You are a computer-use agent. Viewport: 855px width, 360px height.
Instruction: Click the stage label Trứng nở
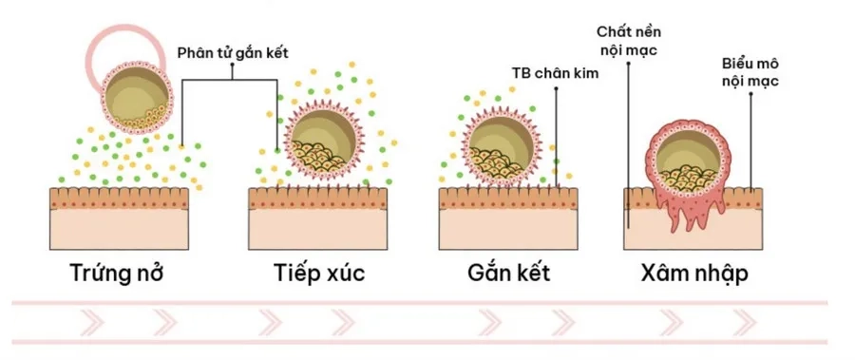click(x=118, y=274)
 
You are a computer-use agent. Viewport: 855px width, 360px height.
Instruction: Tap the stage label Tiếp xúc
click(x=313, y=274)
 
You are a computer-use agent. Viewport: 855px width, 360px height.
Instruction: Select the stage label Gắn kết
click(x=509, y=274)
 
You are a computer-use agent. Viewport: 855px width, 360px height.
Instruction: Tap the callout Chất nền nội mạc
click(x=628, y=41)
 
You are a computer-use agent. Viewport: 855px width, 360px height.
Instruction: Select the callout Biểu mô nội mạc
click(x=750, y=73)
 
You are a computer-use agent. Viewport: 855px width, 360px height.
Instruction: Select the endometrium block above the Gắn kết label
click(x=508, y=219)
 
